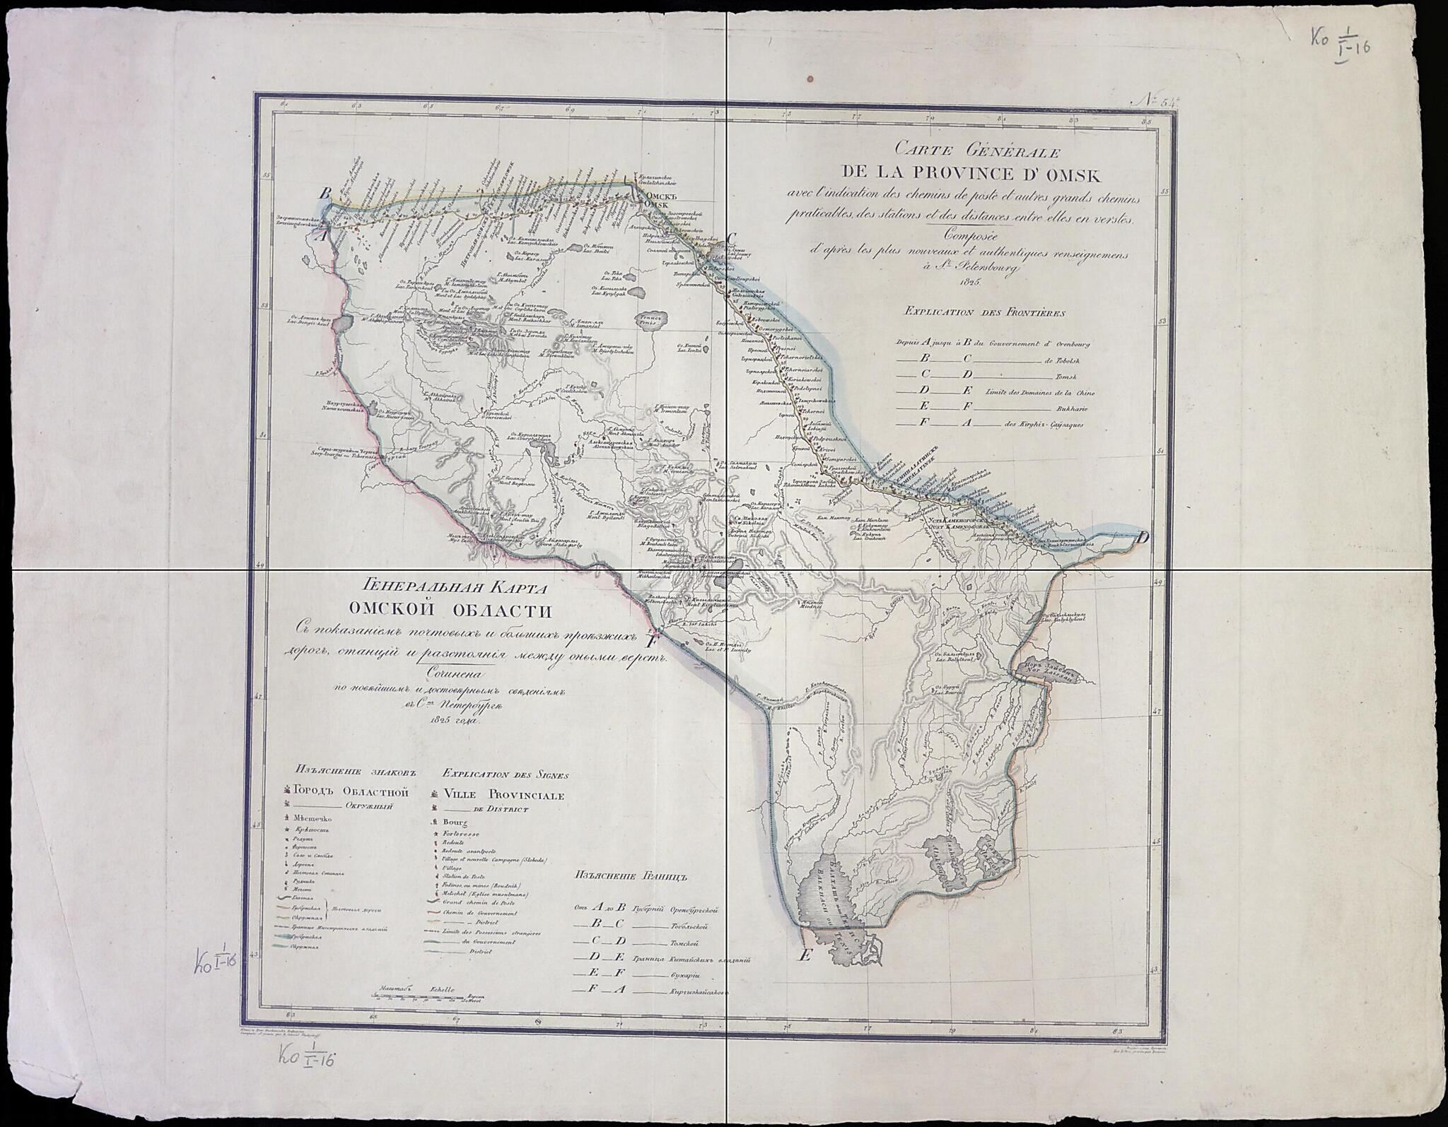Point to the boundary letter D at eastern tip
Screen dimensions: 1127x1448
1143,538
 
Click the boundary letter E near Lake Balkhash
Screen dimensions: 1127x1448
804,957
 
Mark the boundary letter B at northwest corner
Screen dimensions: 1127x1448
325,193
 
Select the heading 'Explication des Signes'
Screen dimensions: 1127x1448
505,774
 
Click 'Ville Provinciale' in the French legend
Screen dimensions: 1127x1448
503,795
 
